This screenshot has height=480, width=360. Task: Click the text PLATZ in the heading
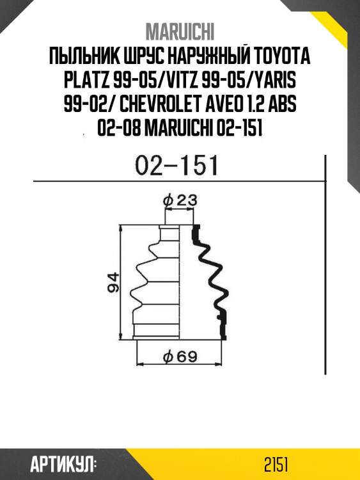click(x=86, y=81)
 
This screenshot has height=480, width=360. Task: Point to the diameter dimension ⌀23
click(x=180, y=200)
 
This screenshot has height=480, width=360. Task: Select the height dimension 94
click(x=113, y=282)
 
